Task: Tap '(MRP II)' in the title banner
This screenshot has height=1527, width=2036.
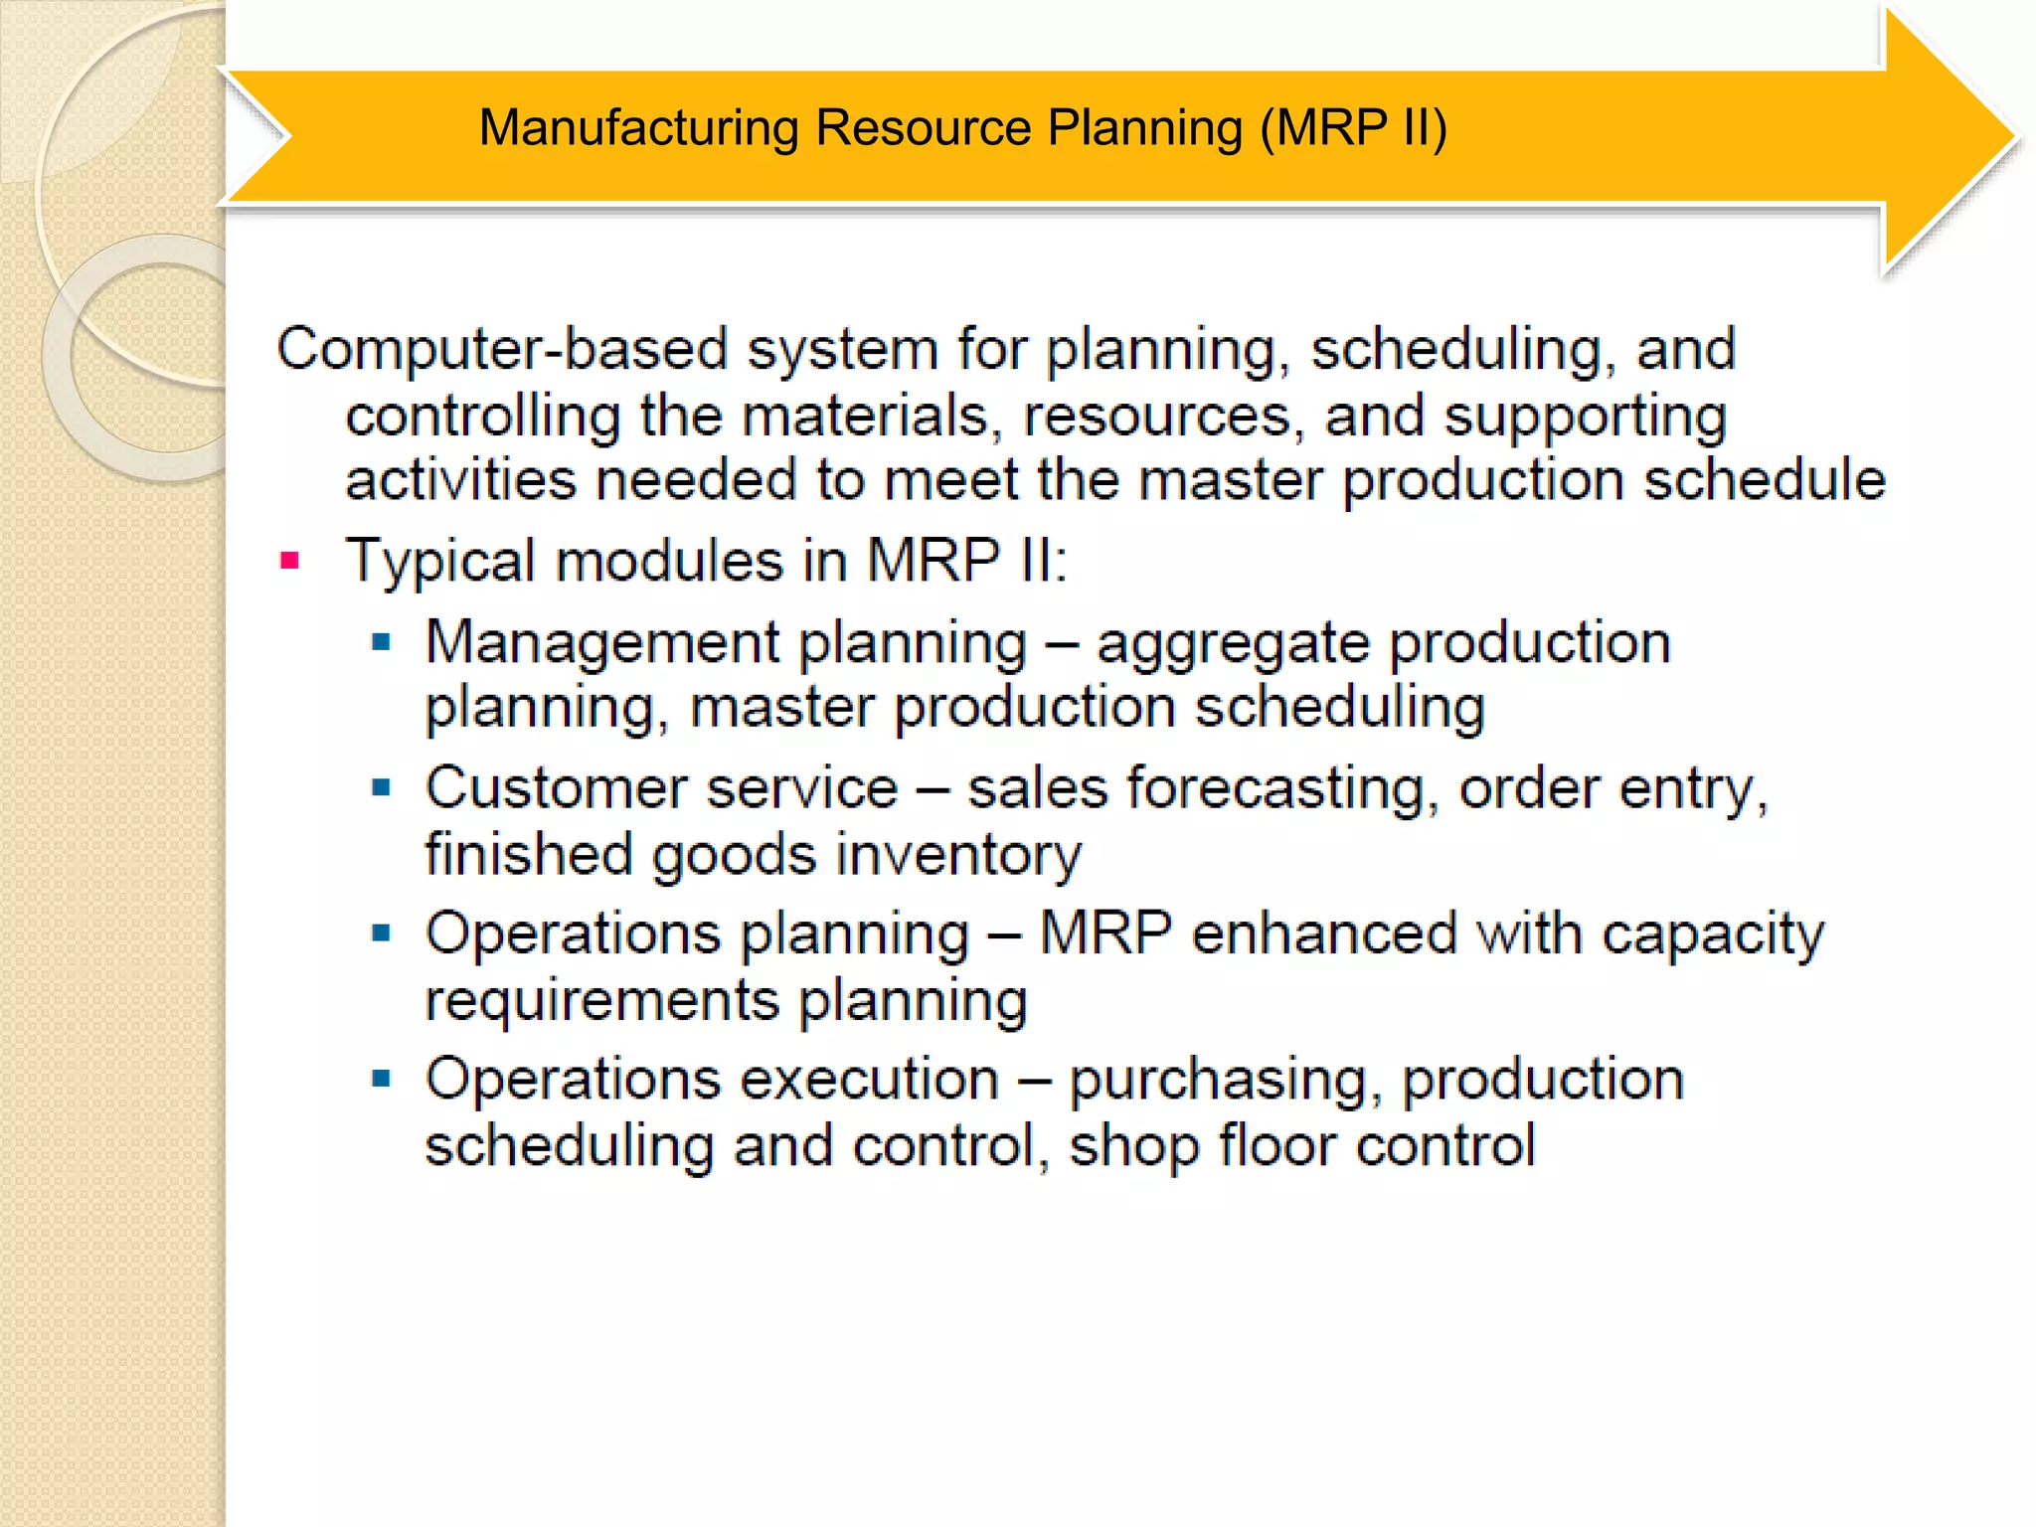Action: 1353,128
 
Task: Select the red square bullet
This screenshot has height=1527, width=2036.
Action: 290,562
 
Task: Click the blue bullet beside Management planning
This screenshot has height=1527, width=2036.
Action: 382,643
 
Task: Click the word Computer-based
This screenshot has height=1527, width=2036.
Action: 503,350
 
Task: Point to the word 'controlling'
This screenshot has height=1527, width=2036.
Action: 483,416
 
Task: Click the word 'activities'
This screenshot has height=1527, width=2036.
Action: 460,480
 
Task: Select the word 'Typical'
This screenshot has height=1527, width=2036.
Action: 439,561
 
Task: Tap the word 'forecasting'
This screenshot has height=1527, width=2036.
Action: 1282,789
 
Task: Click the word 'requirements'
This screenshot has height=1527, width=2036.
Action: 601,1001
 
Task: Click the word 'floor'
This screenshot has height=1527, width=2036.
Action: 1277,1145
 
